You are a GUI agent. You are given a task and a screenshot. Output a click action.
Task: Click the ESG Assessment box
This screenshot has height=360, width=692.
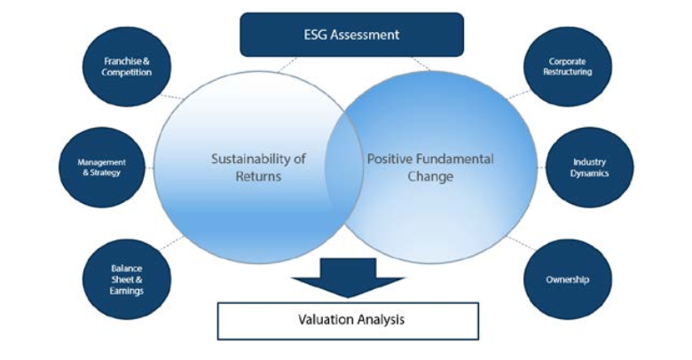tap(351, 35)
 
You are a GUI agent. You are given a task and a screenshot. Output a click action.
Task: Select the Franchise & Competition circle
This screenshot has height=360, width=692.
tap(127, 67)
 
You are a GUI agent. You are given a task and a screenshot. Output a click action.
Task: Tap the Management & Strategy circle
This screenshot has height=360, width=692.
tap(102, 168)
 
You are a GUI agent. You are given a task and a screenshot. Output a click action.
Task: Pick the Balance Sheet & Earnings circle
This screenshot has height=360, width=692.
tap(127, 279)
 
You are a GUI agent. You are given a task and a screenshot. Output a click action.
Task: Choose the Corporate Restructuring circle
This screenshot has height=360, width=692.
tap(568, 67)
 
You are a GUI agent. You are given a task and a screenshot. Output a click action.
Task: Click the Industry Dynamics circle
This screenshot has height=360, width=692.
tap(590, 168)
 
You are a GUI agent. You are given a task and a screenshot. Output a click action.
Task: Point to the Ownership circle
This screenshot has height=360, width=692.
tap(568, 279)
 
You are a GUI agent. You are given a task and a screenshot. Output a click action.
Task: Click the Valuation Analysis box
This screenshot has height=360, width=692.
tap(348, 321)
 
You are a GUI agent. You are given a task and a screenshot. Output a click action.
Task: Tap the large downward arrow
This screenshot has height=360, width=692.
tap(348, 278)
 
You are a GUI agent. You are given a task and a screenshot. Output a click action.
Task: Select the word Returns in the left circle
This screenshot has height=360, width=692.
tap(258, 176)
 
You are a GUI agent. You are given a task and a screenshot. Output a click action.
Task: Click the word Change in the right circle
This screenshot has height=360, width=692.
tap(430, 177)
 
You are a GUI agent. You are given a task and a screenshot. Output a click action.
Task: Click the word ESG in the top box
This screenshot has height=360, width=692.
tap(315, 35)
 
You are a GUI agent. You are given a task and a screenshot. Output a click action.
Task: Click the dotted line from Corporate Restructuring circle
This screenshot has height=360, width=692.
tap(518, 94)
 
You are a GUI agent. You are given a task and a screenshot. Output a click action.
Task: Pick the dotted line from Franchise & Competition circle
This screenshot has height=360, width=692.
tap(171, 97)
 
